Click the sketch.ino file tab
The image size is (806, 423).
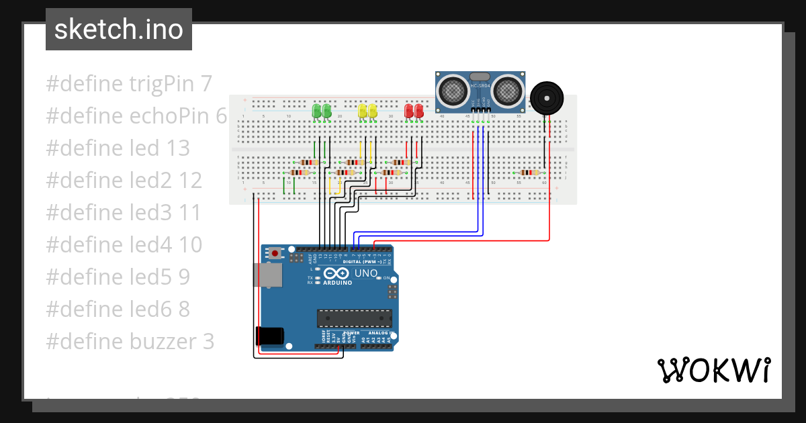(119, 30)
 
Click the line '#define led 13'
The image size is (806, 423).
(118, 148)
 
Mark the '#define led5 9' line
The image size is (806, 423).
(118, 277)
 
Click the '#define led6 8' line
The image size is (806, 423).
(118, 310)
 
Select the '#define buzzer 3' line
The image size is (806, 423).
(130, 342)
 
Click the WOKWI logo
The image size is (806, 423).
(713, 370)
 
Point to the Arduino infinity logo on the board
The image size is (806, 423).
(336, 273)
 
